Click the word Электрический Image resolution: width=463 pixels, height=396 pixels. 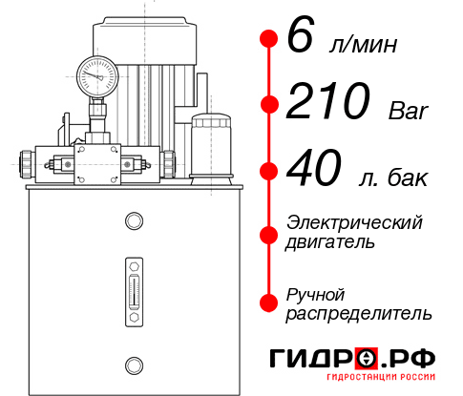(354, 223)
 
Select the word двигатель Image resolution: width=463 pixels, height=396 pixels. (330, 242)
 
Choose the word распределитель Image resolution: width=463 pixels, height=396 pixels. (358, 313)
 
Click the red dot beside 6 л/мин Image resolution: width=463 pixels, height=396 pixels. (268, 37)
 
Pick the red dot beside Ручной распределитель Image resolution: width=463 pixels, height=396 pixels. (268, 302)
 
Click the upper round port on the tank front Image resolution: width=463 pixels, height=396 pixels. (134, 222)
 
